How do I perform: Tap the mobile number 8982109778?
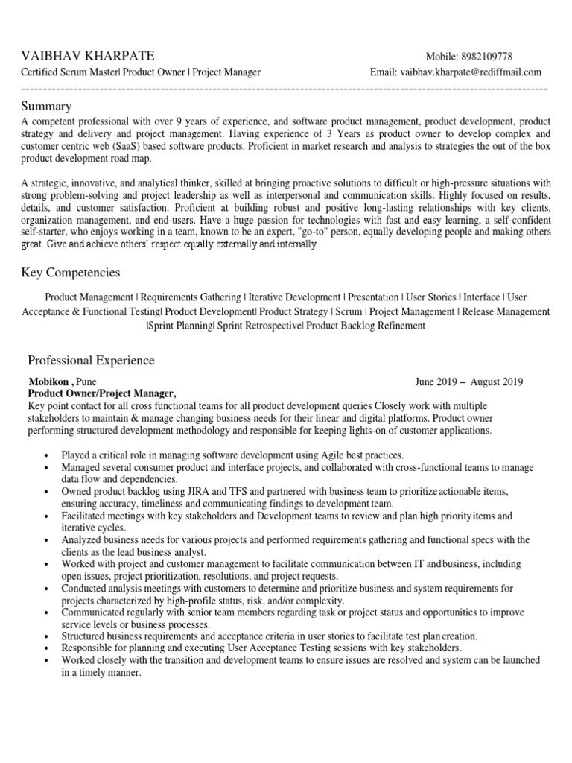pyautogui.click(x=485, y=57)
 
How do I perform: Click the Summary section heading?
pyautogui.click(x=46, y=106)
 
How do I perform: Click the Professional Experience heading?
pyautogui.click(x=91, y=361)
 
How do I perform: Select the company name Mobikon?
pyautogui.click(x=48, y=382)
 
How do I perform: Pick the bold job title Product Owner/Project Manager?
pyautogui.click(x=101, y=393)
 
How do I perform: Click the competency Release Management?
pyautogui.click(x=506, y=311)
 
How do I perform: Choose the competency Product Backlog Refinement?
pyautogui.click(x=366, y=326)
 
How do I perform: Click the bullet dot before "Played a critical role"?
pyautogui.click(x=46, y=455)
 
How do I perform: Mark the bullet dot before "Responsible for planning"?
pyautogui.click(x=46, y=649)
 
